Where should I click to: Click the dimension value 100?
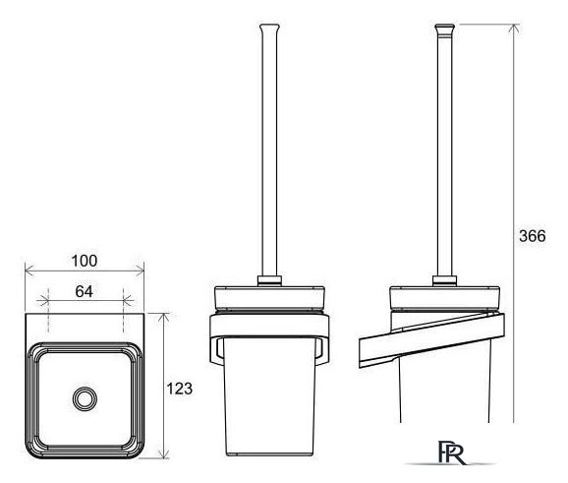pyautogui.click(x=85, y=261)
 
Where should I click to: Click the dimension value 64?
pyautogui.click(x=85, y=291)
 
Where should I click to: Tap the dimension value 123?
pyautogui.click(x=179, y=389)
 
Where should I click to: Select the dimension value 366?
pyautogui.click(x=533, y=236)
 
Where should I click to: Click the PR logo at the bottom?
pyautogui.click(x=451, y=453)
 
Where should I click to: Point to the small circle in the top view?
pyautogui.click(x=85, y=398)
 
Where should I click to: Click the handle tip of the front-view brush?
pyautogui.click(x=270, y=29)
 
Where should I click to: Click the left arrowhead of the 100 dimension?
pyautogui.click(x=28, y=271)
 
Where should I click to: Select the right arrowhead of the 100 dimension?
pyautogui.click(x=140, y=271)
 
